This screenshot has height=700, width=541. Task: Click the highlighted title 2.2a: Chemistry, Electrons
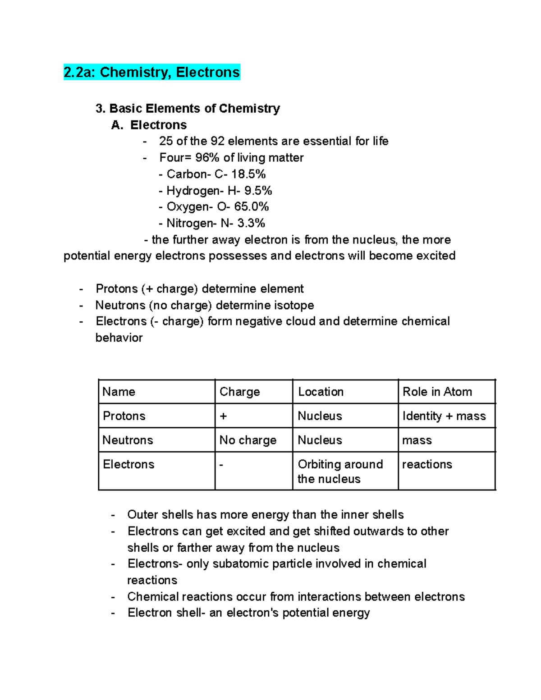152,72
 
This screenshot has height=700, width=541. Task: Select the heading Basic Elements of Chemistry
194,108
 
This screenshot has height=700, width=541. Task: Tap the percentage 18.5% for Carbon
248,174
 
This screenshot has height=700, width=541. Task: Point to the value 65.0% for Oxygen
251,206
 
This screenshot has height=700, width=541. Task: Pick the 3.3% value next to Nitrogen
251,223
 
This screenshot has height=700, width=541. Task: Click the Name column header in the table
119,392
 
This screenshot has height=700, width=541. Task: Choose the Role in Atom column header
437,392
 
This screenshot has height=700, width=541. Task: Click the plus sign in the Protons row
223,416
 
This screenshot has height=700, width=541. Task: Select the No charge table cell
248,440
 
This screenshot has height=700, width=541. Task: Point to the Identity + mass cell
444,416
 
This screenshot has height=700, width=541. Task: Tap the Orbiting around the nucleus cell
340,471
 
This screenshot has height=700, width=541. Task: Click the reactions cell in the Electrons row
427,464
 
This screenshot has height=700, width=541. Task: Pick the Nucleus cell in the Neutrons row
320,440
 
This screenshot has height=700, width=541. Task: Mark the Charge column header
240,392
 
